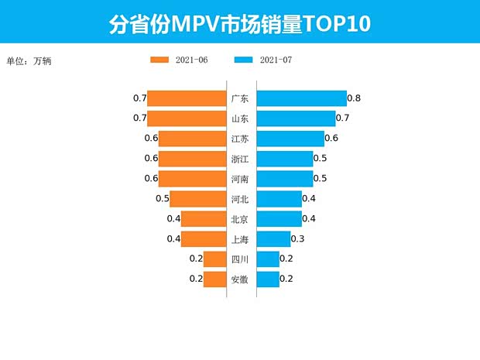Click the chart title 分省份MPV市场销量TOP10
pos(239,23)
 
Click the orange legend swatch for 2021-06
pos(159,60)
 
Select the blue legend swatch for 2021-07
pos(242,60)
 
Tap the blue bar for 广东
pos(301,98)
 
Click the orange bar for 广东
pos(186,98)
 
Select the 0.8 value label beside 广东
pos(354,98)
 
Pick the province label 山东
pos(240,118)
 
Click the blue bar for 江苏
pos(290,139)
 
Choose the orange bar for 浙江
pos(191,159)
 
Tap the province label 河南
pos(240,179)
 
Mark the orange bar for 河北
pos(197,199)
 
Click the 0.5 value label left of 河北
pos(163,199)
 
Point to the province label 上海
pos(240,239)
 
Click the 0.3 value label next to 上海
pos(297,239)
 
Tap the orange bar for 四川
pos(214,259)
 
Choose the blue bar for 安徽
pos(267,279)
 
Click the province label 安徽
pos(240,279)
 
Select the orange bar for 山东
pos(186,118)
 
